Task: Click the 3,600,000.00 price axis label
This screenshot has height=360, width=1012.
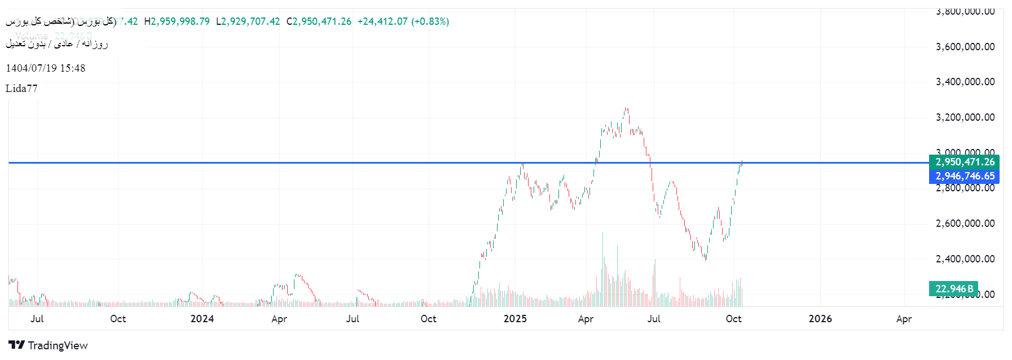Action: tap(965, 47)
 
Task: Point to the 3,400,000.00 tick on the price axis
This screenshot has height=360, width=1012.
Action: tap(965, 82)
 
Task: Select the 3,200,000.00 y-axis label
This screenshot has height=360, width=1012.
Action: tap(965, 117)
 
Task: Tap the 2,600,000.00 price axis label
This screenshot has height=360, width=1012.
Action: tap(965, 223)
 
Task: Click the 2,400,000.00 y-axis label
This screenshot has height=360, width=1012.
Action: tap(965, 259)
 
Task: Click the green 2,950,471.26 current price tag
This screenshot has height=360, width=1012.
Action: tap(965, 162)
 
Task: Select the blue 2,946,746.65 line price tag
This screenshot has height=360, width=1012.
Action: tap(965, 176)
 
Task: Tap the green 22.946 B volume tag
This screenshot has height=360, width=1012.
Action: tap(954, 289)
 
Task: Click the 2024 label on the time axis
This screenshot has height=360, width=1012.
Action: tap(202, 319)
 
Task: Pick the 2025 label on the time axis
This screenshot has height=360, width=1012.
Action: tap(514, 319)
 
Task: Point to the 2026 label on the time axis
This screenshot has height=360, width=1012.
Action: tap(820, 319)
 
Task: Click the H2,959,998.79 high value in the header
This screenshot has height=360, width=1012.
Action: tap(177, 21)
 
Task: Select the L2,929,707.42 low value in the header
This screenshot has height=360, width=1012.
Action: tap(248, 21)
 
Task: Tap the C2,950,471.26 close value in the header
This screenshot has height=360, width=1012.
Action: tap(319, 21)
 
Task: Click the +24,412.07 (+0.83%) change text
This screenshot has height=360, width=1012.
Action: tap(403, 21)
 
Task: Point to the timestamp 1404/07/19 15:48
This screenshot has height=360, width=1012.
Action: tap(46, 68)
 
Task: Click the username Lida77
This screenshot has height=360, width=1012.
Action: tap(21, 89)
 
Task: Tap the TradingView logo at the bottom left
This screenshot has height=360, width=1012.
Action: tap(49, 345)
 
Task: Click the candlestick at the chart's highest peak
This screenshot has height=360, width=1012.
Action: tap(626, 111)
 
